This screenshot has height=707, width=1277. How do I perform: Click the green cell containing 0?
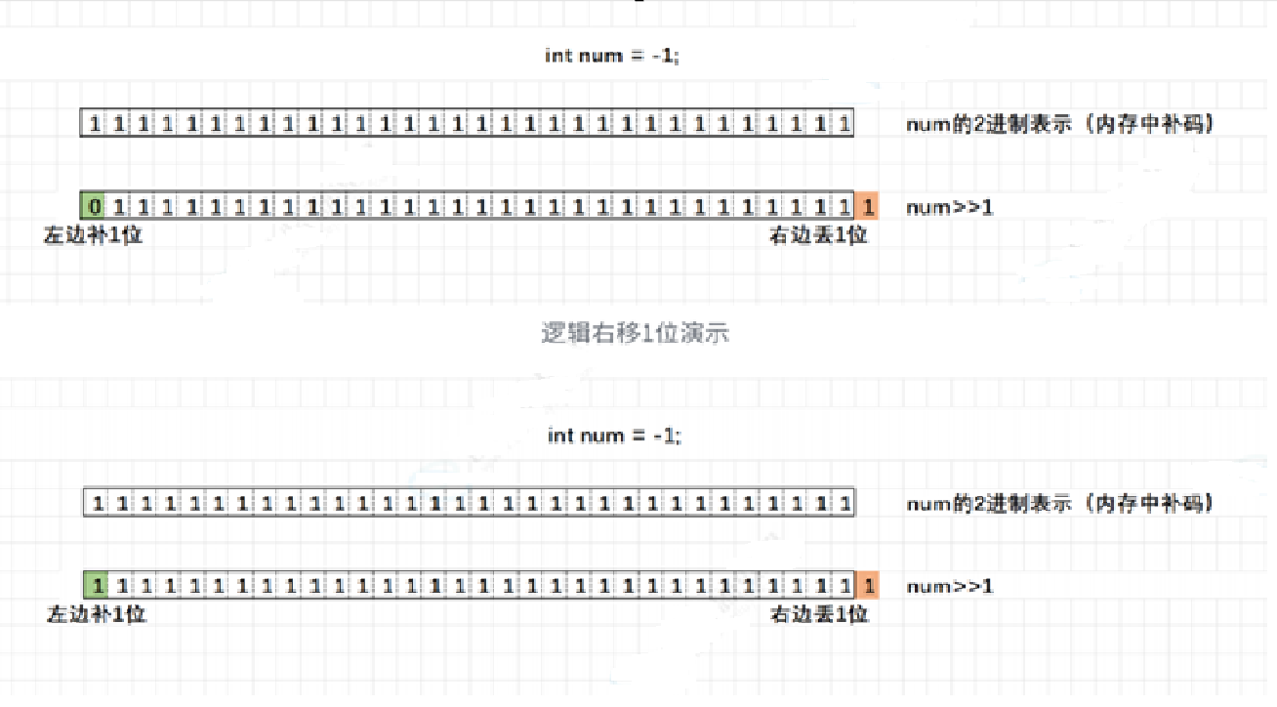click(94, 206)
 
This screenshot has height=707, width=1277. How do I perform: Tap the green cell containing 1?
click(96, 586)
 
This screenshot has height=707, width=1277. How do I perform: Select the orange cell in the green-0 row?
click(867, 206)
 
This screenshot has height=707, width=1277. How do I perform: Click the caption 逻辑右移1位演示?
click(636, 333)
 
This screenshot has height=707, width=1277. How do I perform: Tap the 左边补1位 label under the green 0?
click(93, 235)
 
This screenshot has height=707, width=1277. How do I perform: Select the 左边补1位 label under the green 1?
click(97, 615)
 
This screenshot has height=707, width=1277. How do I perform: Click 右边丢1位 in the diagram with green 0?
click(818, 235)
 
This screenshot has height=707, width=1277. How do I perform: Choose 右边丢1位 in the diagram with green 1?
click(820, 615)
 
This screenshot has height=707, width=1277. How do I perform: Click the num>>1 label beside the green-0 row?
click(949, 207)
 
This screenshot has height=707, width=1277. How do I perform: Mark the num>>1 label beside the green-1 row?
click(951, 587)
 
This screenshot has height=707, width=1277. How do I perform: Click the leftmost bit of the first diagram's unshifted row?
click(95, 124)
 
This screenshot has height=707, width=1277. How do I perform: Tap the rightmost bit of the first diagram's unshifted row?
click(844, 124)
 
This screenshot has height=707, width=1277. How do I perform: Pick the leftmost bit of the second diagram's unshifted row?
click(98, 504)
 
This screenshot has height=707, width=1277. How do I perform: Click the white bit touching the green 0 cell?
click(119, 206)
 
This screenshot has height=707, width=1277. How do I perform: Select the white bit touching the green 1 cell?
click(121, 586)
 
